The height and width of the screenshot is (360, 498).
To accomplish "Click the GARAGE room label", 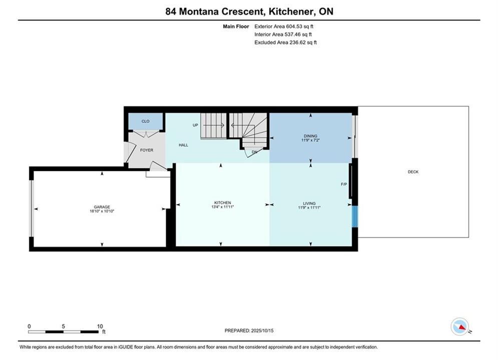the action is tap(102, 207).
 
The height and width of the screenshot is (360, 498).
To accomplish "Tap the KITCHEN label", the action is tap(223, 202).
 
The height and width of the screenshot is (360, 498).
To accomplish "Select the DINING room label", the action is tap(310, 136).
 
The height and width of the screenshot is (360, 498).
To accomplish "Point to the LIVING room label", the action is tap(309, 203).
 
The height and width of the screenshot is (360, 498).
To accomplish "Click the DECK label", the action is tap(413, 172).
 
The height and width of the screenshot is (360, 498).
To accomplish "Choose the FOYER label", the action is tap(147, 150).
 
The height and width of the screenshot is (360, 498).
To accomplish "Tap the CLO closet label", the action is tap(146, 121).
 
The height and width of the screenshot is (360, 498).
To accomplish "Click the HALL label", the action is tap(183, 145).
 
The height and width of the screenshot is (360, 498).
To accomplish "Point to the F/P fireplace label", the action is tap(344, 184).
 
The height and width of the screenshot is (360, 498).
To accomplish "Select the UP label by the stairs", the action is tap(195, 125).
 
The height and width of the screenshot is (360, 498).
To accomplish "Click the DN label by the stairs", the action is tap(254, 152).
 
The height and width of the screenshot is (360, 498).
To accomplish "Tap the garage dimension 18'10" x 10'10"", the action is tap(102, 211).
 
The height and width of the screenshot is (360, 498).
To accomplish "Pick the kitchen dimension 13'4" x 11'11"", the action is tap(223, 207).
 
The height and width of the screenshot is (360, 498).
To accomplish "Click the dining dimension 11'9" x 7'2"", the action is tap(310, 140).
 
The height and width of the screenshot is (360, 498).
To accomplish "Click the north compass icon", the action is tap(460, 326).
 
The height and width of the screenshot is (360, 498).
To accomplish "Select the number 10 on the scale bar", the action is tap(100, 326).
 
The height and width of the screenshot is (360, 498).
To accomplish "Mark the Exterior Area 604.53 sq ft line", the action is tap(284, 26).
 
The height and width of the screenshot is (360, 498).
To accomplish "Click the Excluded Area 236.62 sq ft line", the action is tap(285, 42).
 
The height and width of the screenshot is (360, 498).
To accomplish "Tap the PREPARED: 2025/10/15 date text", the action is tap(249, 330).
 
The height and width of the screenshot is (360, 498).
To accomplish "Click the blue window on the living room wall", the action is tap(355, 216).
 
